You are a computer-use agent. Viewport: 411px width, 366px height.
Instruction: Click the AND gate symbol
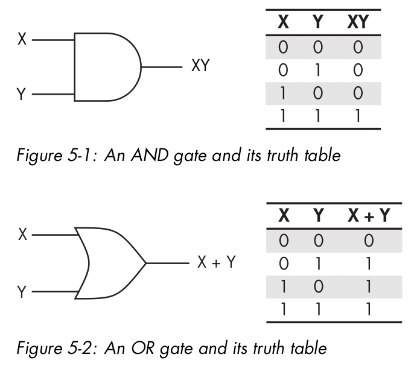106,67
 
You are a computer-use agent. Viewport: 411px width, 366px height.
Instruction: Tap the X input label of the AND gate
22,40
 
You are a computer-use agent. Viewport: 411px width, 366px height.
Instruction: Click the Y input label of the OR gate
22,292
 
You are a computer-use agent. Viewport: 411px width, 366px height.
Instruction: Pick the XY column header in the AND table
357,25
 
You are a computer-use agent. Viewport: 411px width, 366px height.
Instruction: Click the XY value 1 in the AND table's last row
357,115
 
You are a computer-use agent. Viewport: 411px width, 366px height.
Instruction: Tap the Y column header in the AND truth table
317,25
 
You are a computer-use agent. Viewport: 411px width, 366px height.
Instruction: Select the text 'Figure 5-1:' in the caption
52,157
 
